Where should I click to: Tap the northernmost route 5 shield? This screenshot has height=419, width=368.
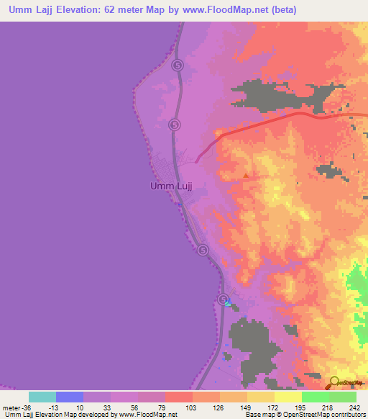(x=178, y=65)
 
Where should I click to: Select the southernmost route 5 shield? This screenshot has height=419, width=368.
(x=224, y=299)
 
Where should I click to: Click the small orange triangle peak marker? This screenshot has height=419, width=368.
(x=247, y=175)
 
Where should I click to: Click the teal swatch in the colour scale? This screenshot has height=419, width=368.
(x=42, y=397)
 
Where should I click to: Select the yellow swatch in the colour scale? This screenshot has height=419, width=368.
(x=287, y=397)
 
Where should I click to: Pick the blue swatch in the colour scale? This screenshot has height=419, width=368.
(x=70, y=397)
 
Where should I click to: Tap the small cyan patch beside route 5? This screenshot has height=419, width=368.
(x=228, y=305)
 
